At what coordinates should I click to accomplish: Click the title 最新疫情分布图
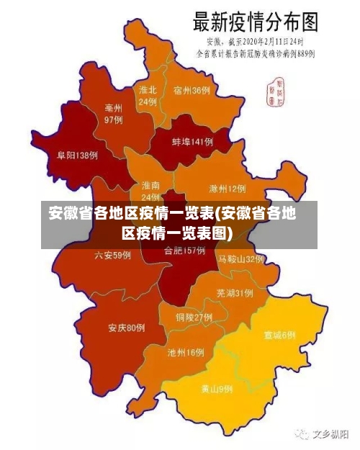click(254, 22)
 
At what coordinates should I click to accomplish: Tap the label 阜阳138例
click(77, 155)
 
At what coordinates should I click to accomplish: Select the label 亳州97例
click(113, 113)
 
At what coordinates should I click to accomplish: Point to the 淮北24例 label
click(148, 96)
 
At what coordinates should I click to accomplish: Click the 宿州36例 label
click(192, 91)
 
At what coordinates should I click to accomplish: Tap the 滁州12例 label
click(227, 189)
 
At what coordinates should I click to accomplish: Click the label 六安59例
click(112, 255)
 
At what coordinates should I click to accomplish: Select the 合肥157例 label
click(184, 251)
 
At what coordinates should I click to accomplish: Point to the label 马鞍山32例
click(241, 258)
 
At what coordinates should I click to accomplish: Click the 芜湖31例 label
click(234, 293)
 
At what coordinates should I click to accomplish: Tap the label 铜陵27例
click(194, 317)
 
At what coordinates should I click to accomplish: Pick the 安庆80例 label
click(127, 328)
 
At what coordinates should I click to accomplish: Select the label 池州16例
click(185, 353)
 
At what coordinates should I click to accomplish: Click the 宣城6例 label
click(279, 335)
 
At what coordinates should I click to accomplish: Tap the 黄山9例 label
click(216, 389)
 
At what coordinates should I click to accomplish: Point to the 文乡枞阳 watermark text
click(329, 434)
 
